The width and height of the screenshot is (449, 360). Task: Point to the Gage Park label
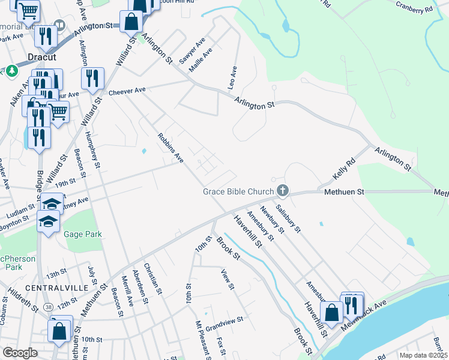(x=83, y=235)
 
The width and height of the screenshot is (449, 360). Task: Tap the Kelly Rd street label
(x=345, y=170)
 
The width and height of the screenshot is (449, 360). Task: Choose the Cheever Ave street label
(x=127, y=91)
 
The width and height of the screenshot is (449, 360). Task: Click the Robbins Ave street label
(x=170, y=148)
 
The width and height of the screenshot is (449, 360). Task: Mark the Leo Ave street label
(x=232, y=78)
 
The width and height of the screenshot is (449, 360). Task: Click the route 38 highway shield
(x=48, y=307)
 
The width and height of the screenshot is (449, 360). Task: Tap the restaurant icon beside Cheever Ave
(x=92, y=79)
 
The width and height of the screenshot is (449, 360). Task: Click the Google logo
(x=20, y=353)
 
